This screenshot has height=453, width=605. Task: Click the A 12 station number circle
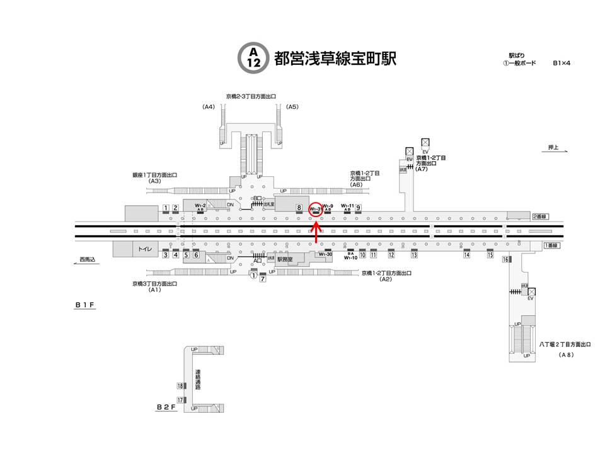point(253,57)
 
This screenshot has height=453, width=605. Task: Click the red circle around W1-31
point(316,209)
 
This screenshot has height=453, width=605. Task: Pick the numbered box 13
point(414,255)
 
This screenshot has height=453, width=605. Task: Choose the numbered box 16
point(505,260)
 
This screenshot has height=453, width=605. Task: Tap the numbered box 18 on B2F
point(180,386)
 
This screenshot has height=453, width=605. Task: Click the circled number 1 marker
point(253,275)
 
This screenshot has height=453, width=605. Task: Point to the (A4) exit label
point(209,107)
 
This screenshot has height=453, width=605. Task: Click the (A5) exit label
point(292,107)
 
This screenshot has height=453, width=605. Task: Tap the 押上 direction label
point(553,147)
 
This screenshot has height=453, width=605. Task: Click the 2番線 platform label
point(541,216)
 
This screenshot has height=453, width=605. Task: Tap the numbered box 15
point(490,255)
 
